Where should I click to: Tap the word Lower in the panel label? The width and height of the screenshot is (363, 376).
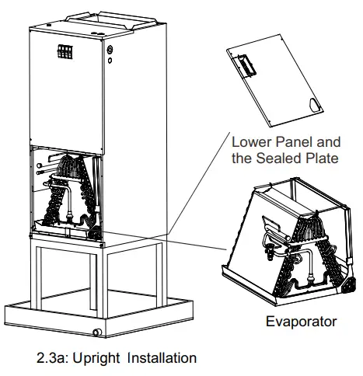(252, 143)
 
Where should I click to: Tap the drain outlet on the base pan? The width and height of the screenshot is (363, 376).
(96, 332)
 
